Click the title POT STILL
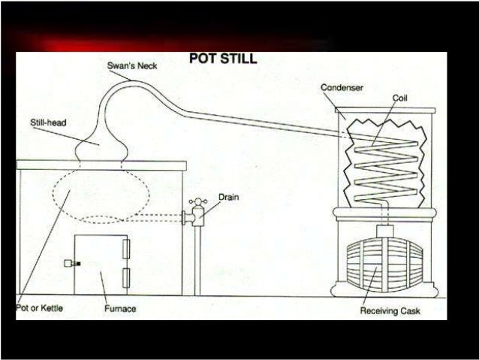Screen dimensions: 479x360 (x=222, y=59)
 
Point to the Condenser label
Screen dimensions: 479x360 (x=342, y=88)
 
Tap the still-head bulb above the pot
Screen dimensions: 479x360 (x=100, y=144)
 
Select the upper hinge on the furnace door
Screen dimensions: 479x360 (x=125, y=247)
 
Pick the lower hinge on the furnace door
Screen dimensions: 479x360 (x=125, y=275)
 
